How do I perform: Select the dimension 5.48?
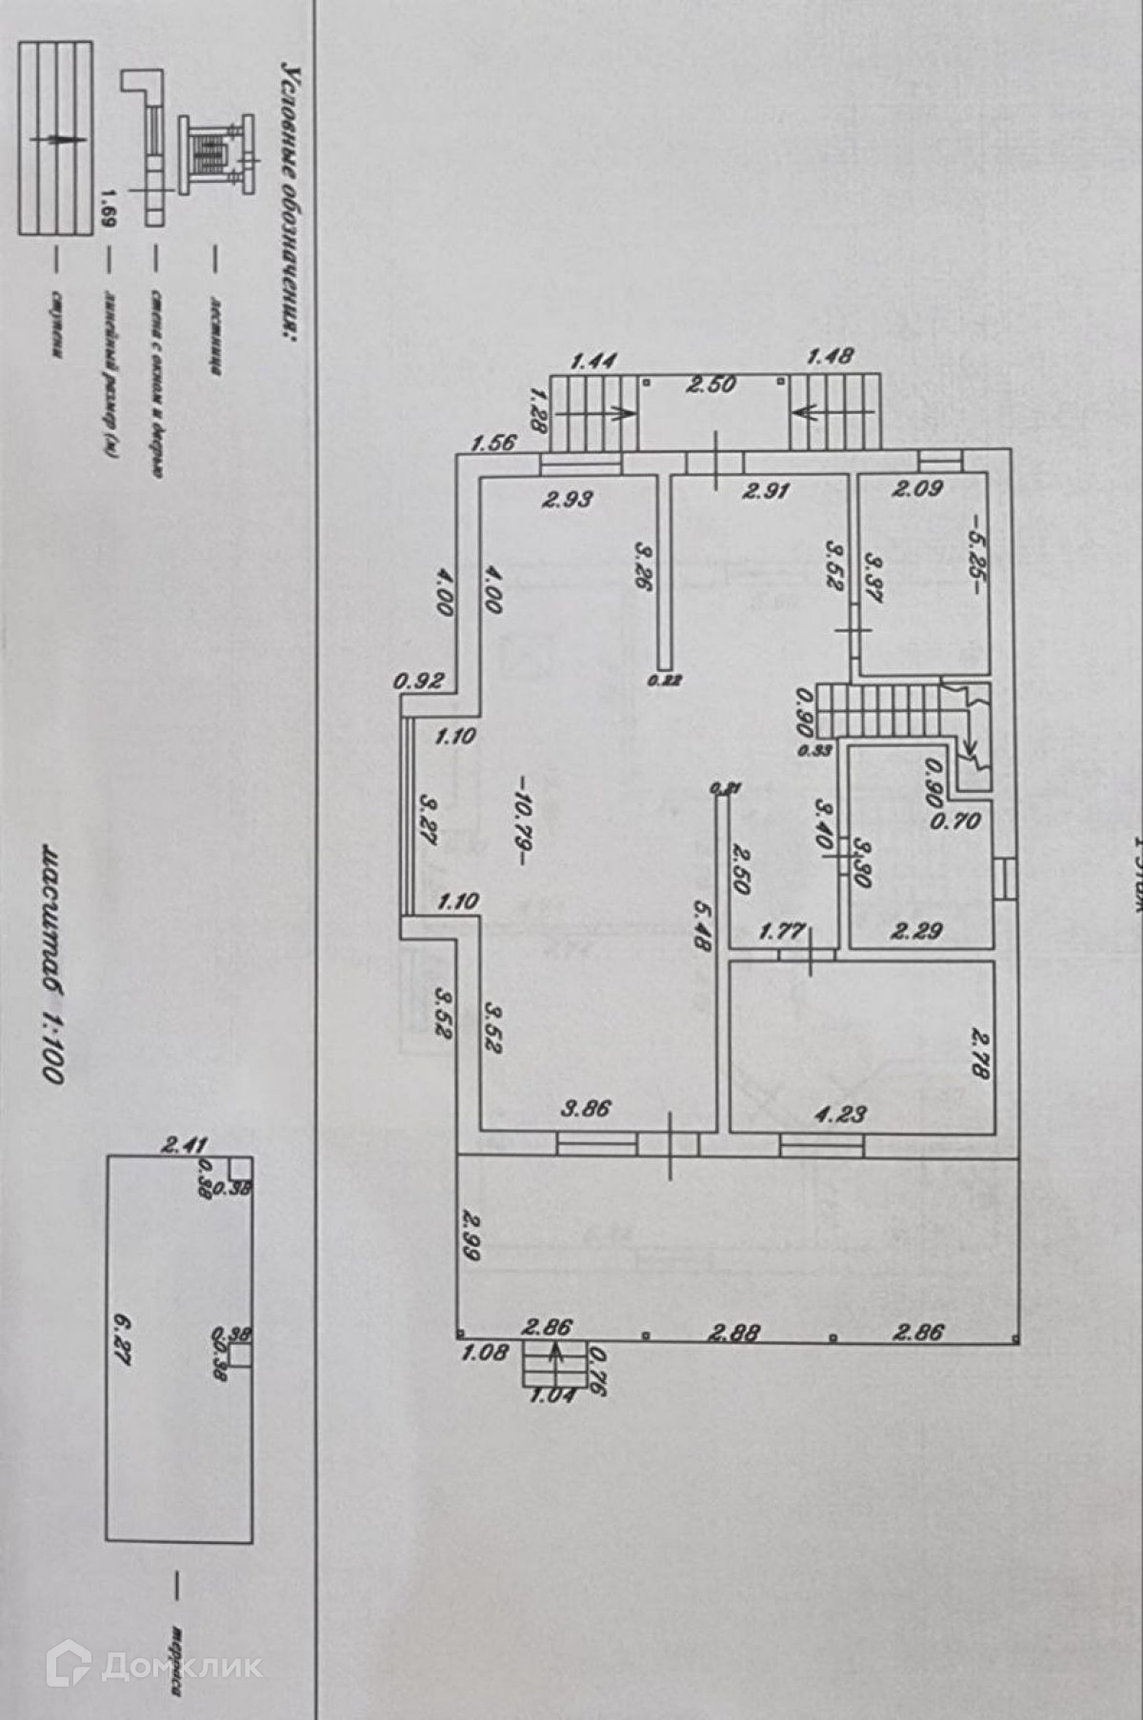pos(703,927)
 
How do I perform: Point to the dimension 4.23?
pos(841,1113)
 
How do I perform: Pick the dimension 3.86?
pos(586,1108)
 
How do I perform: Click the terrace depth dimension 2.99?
pos(471,1235)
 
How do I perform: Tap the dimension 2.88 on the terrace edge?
pos(734,1333)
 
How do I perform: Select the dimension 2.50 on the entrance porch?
pos(712,385)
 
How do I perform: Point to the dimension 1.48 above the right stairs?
pos(830,356)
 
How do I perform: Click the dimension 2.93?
pos(568,499)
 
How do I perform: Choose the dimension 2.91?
pos(766,491)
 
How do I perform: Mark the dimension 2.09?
pos(917,489)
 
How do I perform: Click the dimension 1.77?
pos(782,930)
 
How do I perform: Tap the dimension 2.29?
pos(916,930)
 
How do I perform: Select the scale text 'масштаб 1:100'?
pos(51,962)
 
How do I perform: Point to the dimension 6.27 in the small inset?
pos(121,1338)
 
